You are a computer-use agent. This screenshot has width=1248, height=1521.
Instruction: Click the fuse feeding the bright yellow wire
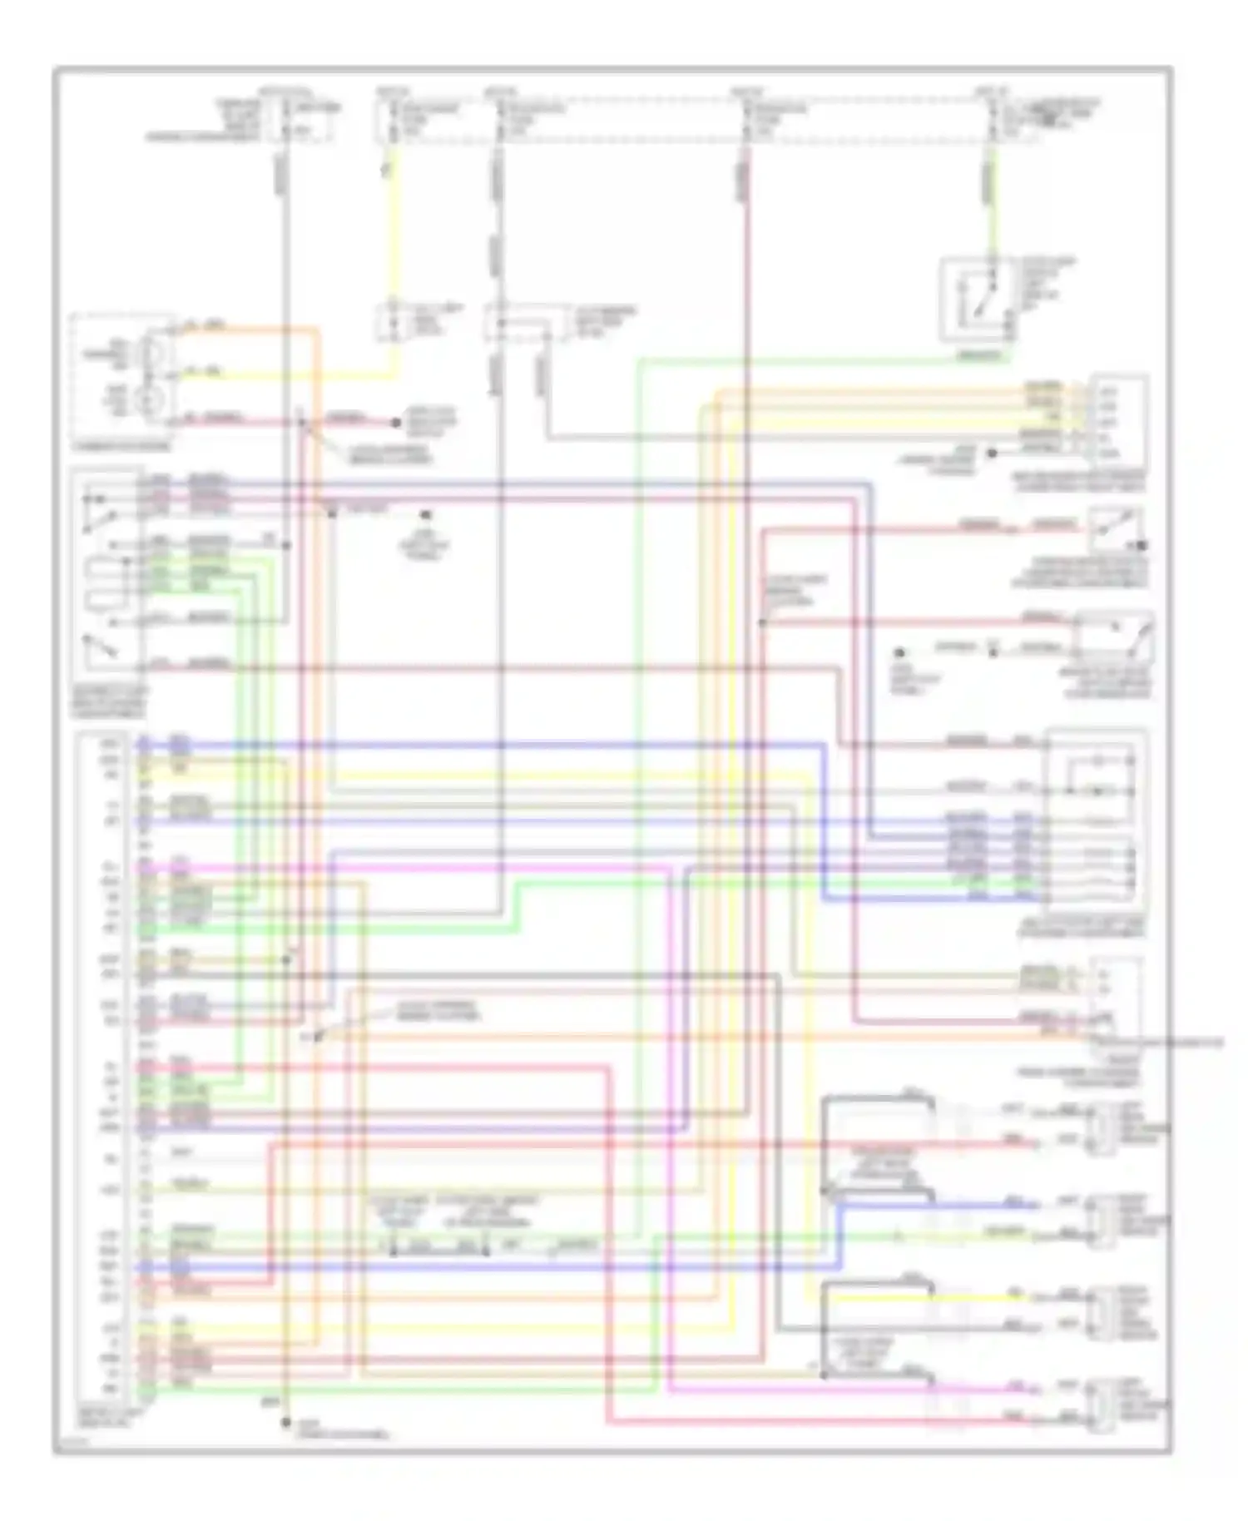pos(392,117)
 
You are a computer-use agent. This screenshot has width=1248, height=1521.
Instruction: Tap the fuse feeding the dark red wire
pos(746,117)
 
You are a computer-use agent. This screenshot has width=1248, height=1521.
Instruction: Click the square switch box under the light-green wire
pos(978,300)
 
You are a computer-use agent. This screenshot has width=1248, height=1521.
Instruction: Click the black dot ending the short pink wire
pos(397,423)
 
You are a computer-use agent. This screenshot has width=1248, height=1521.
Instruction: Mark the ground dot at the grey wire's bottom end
pos(285,1422)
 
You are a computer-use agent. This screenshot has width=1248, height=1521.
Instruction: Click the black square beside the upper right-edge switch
pos(1142,546)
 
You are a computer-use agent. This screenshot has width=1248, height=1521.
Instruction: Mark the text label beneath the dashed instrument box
pos(121,446)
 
